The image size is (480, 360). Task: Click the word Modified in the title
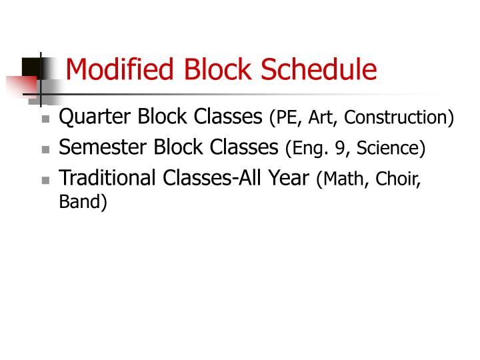113,69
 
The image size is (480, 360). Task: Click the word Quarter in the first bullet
95,117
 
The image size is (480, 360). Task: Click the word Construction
397,119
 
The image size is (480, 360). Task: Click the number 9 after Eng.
340,149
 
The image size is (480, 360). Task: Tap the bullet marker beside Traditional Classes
45,180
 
